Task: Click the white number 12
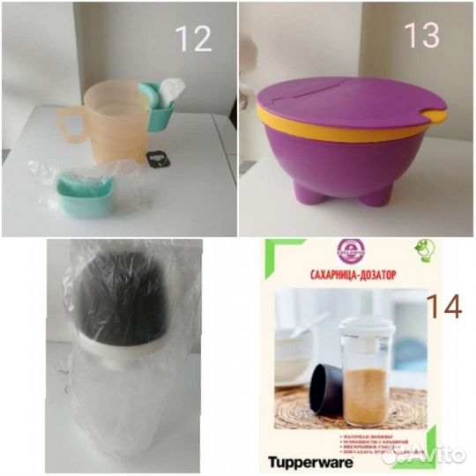point(194,38)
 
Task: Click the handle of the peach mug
point(71,121)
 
